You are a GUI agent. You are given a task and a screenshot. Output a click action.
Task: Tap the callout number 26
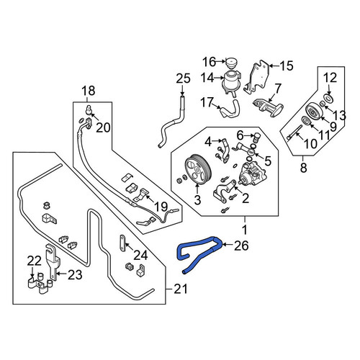pos(241,246)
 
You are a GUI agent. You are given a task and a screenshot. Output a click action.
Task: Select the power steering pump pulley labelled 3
pos(198,170)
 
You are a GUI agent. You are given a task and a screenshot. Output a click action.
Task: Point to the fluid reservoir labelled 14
pos(231,81)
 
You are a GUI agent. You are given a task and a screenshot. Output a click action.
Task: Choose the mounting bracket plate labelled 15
pos(256,77)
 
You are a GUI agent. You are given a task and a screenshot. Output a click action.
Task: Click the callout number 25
pos(183,78)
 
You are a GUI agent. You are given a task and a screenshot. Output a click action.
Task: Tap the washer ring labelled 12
pos(328,98)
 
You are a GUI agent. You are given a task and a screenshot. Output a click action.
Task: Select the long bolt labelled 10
pos(294,132)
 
